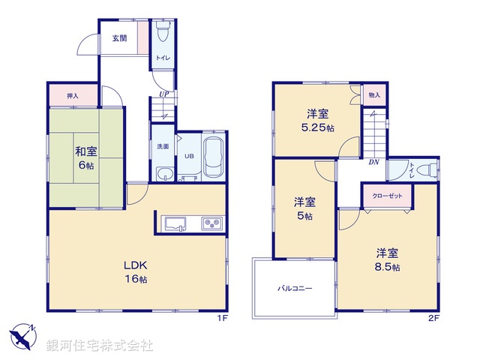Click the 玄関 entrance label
tap(120, 38)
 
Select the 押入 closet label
tap(73, 96)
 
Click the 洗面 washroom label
tap(163, 147)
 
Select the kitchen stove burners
tap(211, 223)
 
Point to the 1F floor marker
tap(222, 318)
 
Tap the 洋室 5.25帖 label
tap(317, 121)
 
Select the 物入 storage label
tap(374, 95)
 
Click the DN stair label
tap(373, 160)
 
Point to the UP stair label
tap(163, 94)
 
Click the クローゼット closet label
tap(387, 196)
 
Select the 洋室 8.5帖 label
tap(387, 259)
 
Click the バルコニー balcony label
tap(295, 287)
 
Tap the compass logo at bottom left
tap(22, 336)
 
